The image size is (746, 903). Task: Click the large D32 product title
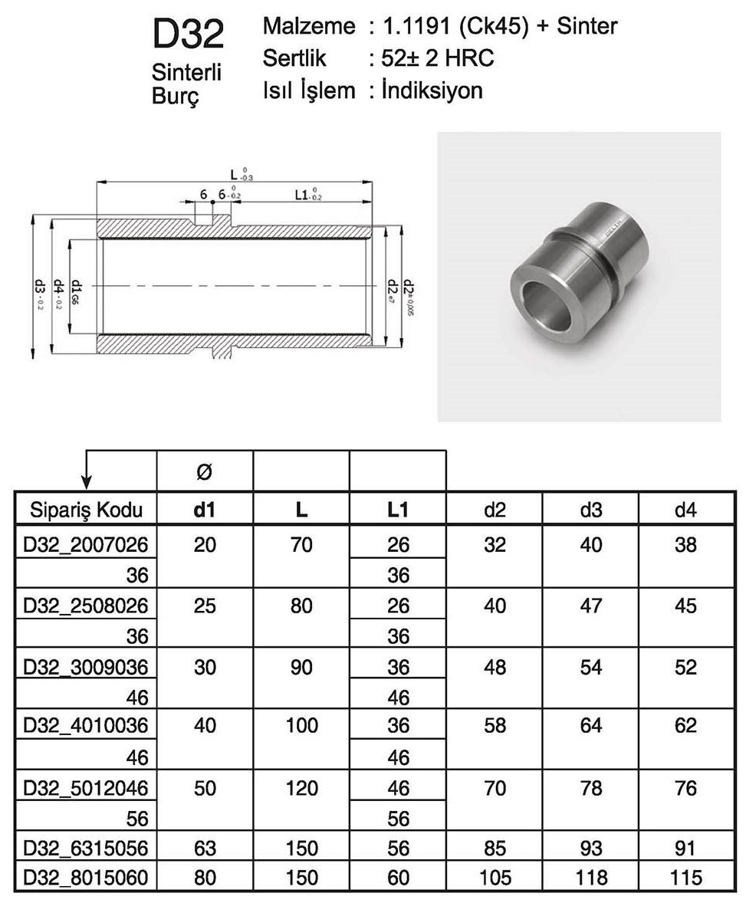pyautogui.click(x=188, y=35)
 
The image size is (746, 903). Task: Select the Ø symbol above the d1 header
pyautogui.click(x=205, y=473)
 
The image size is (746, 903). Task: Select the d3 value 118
pyautogui.click(x=590, y=877)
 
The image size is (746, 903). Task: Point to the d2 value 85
pyautogui.click(x=495, y=848)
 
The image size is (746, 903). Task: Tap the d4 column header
pyautogui.click(x=686, y=509)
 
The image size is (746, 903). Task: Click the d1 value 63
pyautogui.click(x=205, y=848)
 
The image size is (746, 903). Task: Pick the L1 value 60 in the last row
pyautogui.click(x=398, y=877)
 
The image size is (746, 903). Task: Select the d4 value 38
pyautogui.click(x=686, y=545)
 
